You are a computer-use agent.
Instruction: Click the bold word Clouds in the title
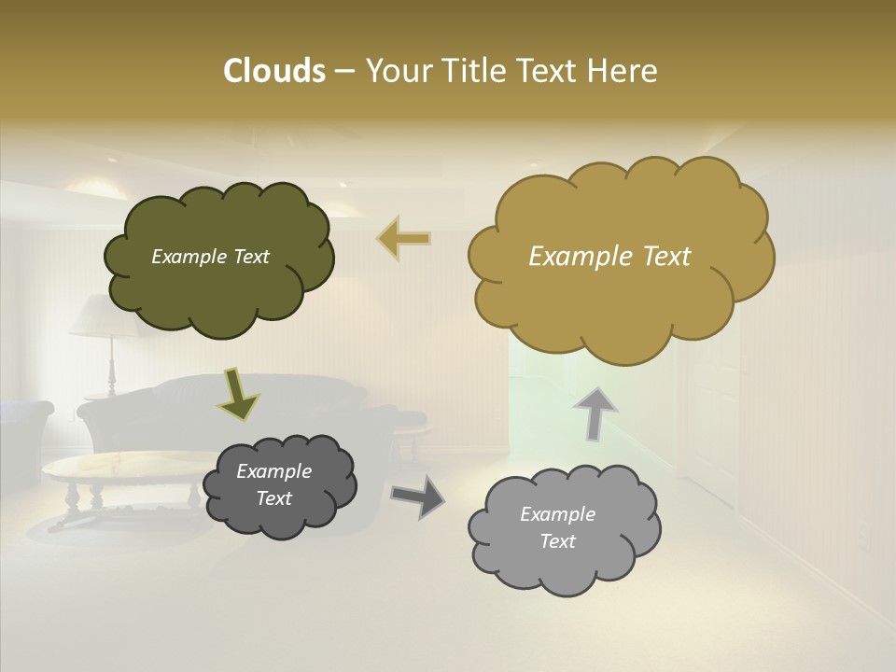point(273,71)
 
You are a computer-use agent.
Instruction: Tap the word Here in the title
point(623,71)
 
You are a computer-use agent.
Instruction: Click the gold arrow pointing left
point(403,239)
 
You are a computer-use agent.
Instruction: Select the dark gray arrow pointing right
point(417,497)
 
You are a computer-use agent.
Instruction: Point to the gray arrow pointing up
point(595,412)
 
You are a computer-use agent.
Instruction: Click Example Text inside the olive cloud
point(210,257)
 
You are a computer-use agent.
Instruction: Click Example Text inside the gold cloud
point(609,257)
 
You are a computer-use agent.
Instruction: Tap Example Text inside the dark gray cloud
point(273,484)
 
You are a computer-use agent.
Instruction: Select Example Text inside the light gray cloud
point(557,527)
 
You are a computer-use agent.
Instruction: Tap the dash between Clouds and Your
point(343,71)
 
